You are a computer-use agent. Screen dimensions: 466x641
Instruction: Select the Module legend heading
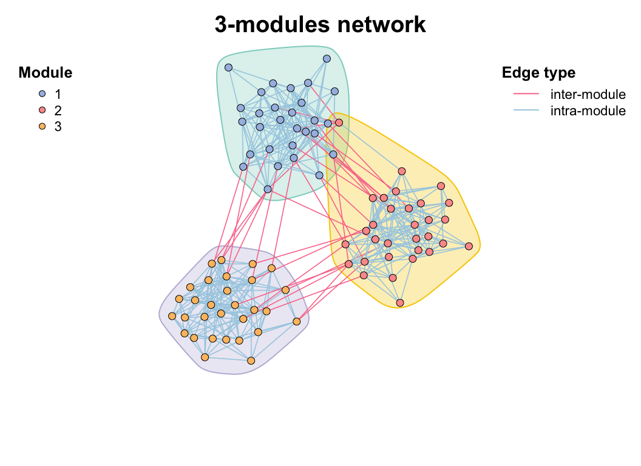(x=46, y=73)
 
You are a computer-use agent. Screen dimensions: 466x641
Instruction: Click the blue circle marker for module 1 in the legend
(x=42, y=94)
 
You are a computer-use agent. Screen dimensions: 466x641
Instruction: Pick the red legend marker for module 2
(x=42, y=110)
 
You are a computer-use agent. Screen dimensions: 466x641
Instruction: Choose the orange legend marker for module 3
(x=42, y=127)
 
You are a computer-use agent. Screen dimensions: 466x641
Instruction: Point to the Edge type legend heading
(x=538, y=73)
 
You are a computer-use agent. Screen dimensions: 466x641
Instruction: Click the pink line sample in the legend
(x=526, y=94)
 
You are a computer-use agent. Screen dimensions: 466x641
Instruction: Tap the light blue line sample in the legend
(x=526, y=110)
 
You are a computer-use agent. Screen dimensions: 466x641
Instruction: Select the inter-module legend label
(x=588, y=94)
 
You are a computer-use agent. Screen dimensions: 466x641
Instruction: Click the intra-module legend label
(x=588, y=110)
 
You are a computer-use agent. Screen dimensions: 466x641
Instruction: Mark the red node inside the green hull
(x=339, y=123)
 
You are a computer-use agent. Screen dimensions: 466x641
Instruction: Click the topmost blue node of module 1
(x=327, y=58)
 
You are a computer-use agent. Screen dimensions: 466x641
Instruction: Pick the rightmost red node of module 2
(x=469, y=246)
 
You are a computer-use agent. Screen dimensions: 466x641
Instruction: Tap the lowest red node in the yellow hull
(x=400, y=302)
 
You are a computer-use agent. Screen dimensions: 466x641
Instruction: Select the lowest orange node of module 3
(x=251, y=361)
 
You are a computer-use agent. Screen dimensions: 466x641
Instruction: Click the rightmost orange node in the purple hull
(x=297, y=321)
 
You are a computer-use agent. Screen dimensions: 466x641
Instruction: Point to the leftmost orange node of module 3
(x=172, y=316)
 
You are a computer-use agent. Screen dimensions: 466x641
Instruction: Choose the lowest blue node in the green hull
(x=268, y=189)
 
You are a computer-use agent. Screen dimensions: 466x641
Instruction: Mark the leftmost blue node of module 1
(x=228, y=67)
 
